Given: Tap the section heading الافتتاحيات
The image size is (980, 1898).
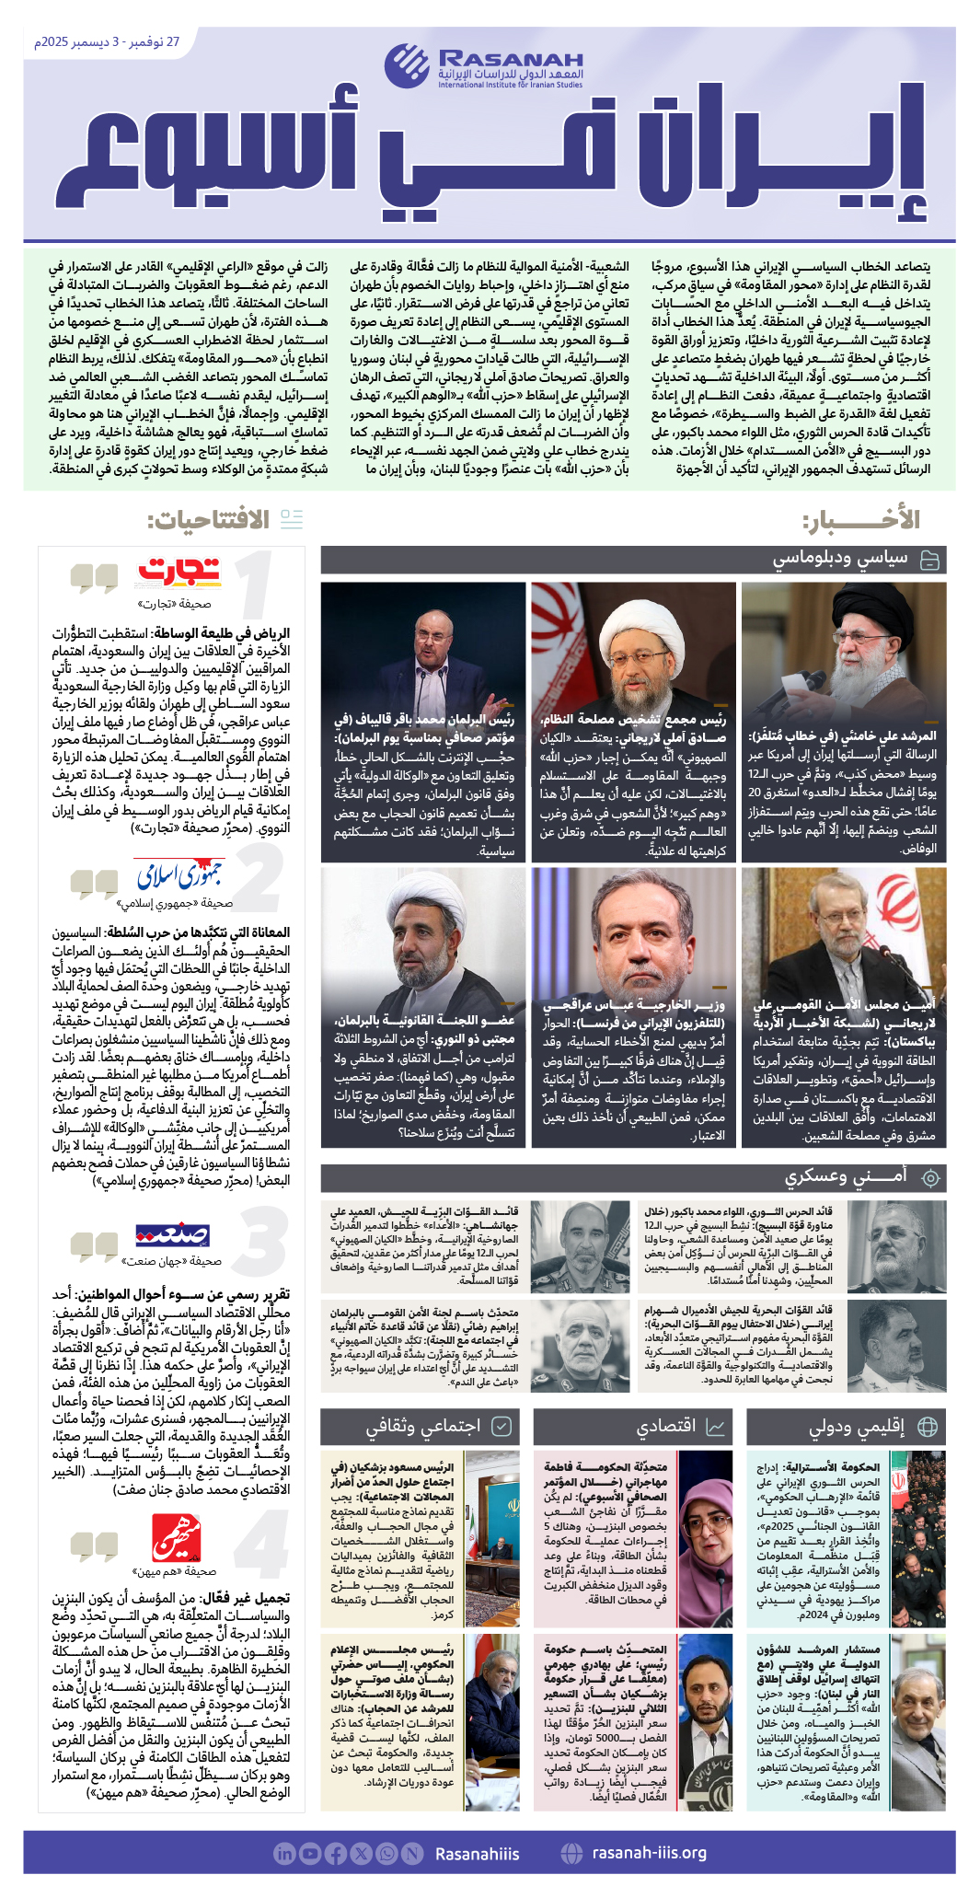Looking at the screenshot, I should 208,520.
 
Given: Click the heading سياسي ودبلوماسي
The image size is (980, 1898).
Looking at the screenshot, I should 839,559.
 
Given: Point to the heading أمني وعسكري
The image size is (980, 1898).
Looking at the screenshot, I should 846,1176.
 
